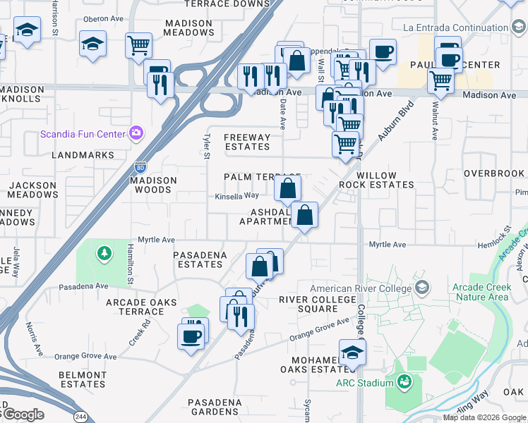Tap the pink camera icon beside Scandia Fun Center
[136, 133]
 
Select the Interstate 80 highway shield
[140, 168]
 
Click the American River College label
[360, 288]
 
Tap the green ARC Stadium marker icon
[404, 383]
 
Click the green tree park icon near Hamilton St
[104, 252]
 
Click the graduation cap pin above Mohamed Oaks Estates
[352, 352]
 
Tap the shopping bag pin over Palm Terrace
[287, 188]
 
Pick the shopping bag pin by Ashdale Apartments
[304, 214]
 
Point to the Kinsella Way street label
[237, 196]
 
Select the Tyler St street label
[207, 147]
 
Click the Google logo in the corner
[23, 415]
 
